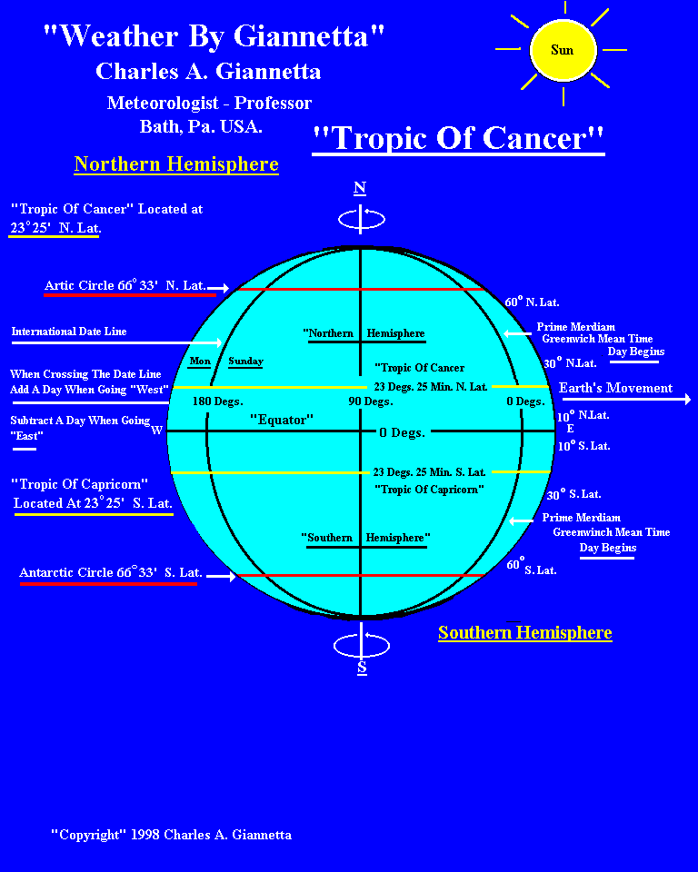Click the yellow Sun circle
coord(563,49)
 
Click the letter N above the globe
coord(360,188)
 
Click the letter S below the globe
coord(362,668)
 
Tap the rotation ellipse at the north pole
coord(361,219)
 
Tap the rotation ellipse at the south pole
coord(362,645)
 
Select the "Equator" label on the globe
coord(282,420)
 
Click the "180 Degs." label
coord(217,401)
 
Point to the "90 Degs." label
coord(371,401)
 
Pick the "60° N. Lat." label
coord(533,301)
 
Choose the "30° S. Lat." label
coord(573,494)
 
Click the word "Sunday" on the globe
coord(245,361)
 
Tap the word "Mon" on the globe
coord(200,361)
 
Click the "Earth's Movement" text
coord(615,388)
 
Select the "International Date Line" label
coord(69,332)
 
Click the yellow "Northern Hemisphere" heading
coord(176,164)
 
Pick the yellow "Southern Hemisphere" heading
coord(524,632)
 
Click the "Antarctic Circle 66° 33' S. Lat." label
coord(111,572)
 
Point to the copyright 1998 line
coord(171,834)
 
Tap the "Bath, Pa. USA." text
coord(201,126)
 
